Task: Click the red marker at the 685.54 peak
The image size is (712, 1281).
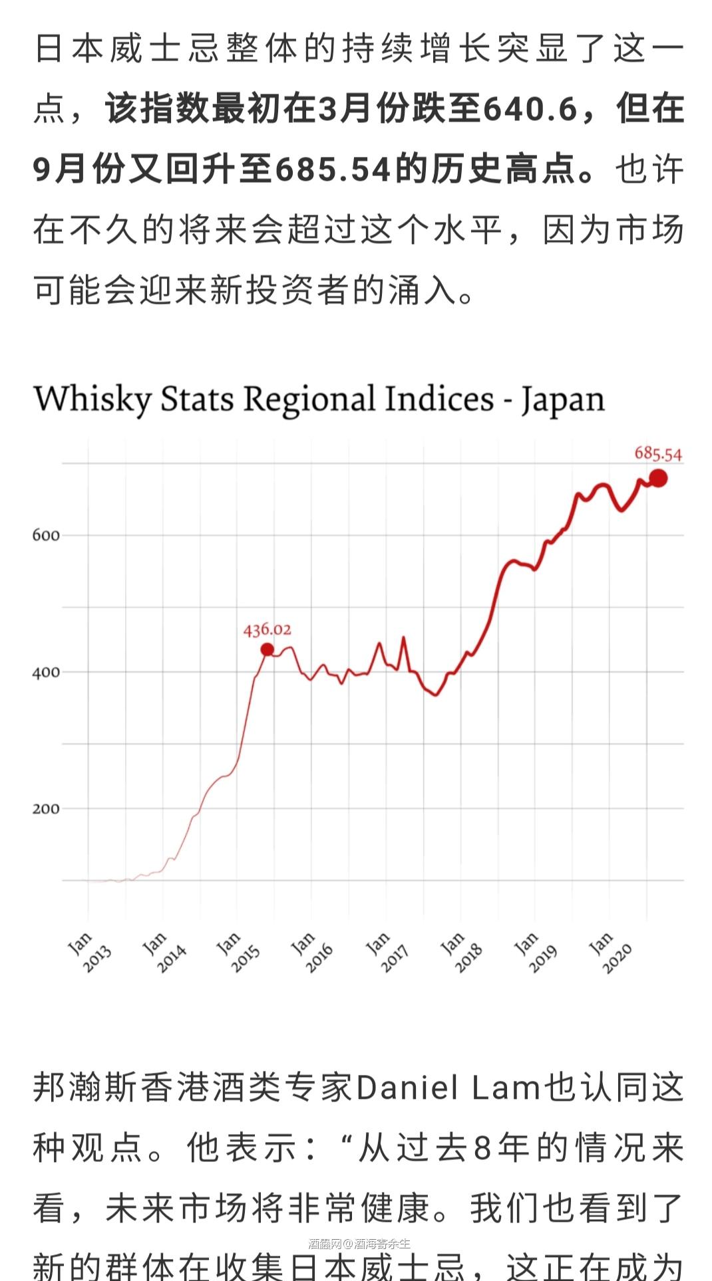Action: [657, 478]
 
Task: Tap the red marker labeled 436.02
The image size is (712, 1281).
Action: [267, 649]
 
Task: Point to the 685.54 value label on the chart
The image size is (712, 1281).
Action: [657, 454]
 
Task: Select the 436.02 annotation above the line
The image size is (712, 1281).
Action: [267, 629]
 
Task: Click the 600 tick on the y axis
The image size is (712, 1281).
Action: [46, 535]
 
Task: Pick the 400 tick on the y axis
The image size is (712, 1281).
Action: [46, 672]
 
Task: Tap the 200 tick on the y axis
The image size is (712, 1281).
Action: [46, 809]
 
